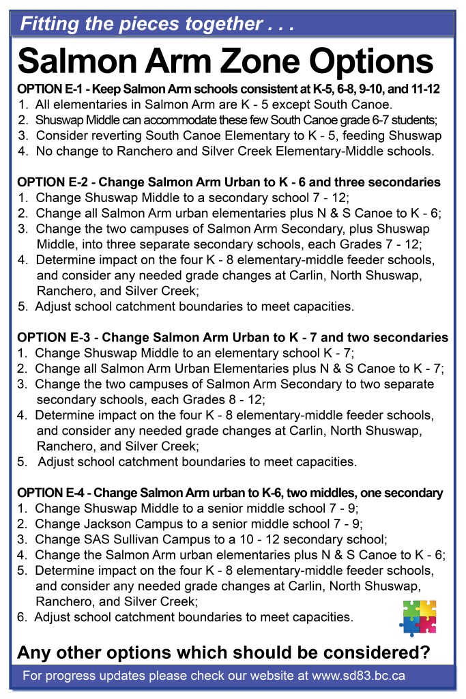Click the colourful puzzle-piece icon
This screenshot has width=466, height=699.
tap(418, 616)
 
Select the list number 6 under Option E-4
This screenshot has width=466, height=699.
tap(21, 617)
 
